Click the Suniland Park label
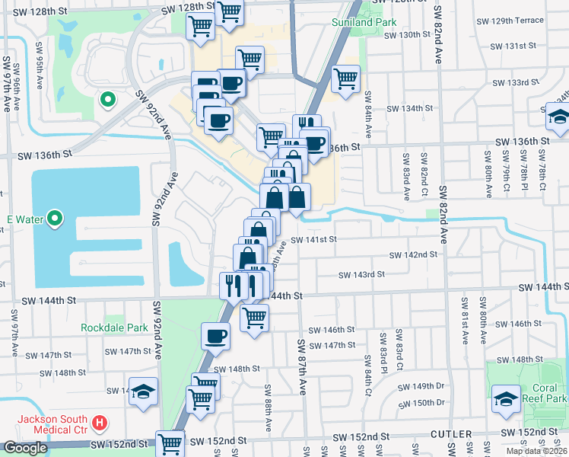364,22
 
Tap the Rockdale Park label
114,328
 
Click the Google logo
25,448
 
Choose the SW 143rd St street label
361,274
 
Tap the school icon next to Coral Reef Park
506,399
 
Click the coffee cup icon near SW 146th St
216,336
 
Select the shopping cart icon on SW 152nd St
170,443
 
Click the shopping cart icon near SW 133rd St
346,78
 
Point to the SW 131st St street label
513,46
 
